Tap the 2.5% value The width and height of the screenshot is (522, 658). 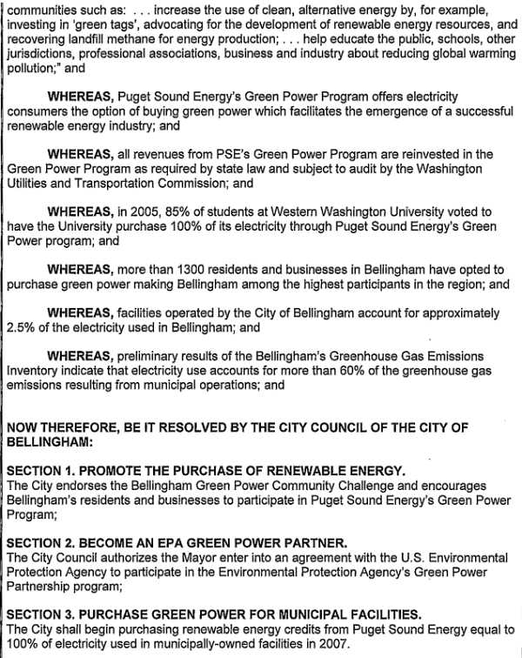(x=23, y=326)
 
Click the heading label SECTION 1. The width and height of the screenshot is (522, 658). (x=43, y=471)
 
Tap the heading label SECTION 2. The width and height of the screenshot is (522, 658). (x=43, y=542)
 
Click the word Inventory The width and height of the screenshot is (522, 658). (x=34, y=370)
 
